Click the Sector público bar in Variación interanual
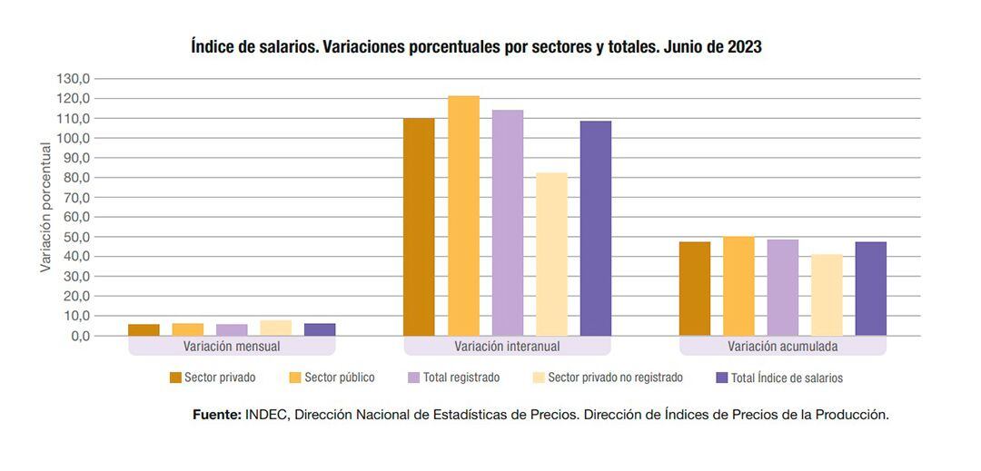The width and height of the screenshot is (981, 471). (x=463, y=216)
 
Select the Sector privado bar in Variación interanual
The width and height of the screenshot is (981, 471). (x=419, y=227)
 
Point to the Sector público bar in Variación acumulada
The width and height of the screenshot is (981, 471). (x=738, y=286)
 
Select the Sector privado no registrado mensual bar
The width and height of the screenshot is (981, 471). (x=275, y=328)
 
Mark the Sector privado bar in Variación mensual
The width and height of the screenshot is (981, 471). (x=144, y=330)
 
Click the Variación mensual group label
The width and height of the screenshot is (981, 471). (x=232, y=347)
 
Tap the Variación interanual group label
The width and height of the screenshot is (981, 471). (x=507, y=347)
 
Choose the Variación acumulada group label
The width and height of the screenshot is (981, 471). (x=782, y=347)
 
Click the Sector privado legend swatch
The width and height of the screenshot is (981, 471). (x=176, y=378)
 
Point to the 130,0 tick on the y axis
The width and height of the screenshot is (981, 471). (x=73, y=79)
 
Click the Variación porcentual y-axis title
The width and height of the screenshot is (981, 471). (x=45, y=207)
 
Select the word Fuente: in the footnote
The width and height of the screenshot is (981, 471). (x=217, y=415)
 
